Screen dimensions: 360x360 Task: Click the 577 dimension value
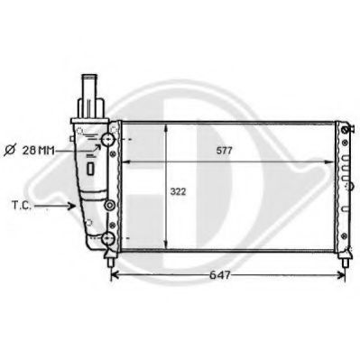coord(224,151)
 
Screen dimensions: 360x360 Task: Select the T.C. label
coord(23,206)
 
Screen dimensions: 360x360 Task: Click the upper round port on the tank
coord(108,141)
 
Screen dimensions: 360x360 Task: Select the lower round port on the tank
coord(108,238)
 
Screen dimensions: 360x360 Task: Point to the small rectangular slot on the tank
coord(93,168)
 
